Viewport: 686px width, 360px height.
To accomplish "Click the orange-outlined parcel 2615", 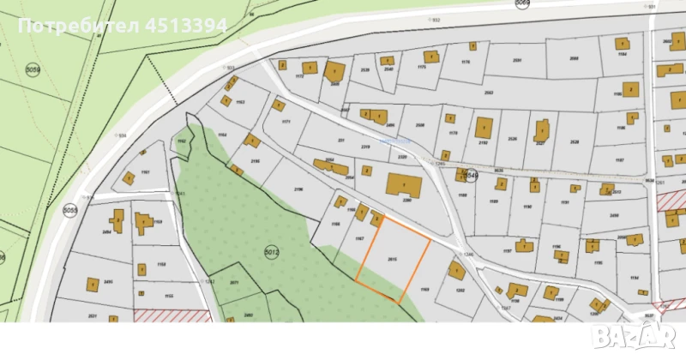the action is tap(393, 257).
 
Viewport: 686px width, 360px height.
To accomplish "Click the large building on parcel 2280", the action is tap(403, 186).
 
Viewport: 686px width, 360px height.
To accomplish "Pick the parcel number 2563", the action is tap(489, 92).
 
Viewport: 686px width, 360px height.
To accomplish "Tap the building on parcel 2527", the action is tap(541, 130).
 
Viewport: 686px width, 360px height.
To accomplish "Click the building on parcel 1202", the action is tap(457, 271).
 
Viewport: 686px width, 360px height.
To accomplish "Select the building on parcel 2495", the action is tap(92, 283).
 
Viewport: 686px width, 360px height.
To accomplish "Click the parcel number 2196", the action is tap(299, 188).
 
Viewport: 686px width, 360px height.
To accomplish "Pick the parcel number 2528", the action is tap(575, 141).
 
